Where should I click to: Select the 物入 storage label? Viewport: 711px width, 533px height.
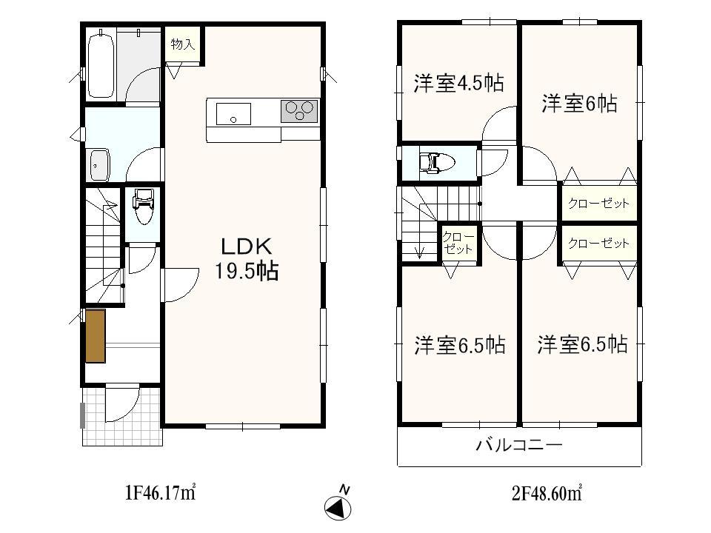(182, 45)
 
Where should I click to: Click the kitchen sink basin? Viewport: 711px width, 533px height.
(233, 115)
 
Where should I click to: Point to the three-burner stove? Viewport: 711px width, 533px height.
(299, 111)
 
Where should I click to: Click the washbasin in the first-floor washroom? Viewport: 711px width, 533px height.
(99, 164)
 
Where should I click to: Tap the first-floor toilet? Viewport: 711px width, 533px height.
(142, 207)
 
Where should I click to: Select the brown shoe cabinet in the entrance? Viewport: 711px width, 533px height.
(96, 336)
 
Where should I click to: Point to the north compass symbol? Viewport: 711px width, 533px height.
(338, 508)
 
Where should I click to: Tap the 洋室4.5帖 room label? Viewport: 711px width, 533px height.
(458, 84)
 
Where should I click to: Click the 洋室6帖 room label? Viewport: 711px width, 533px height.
(579, 104)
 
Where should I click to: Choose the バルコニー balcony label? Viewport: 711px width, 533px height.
(518, 446)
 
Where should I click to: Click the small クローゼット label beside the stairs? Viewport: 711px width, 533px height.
(458, 244)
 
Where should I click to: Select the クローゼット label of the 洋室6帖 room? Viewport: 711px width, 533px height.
(598, 203)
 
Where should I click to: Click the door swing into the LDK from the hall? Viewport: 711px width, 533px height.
(180, 284)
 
